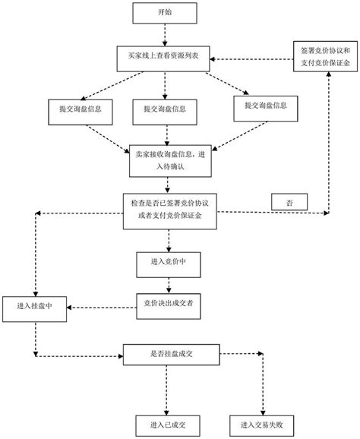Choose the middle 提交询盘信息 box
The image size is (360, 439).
click(x=165, y=109)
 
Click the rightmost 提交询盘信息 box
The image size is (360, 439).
click(x=267, y=104)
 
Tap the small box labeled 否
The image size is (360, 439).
click(x=288, y=203)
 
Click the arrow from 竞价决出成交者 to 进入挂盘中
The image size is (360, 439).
click(x=99, y=306)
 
